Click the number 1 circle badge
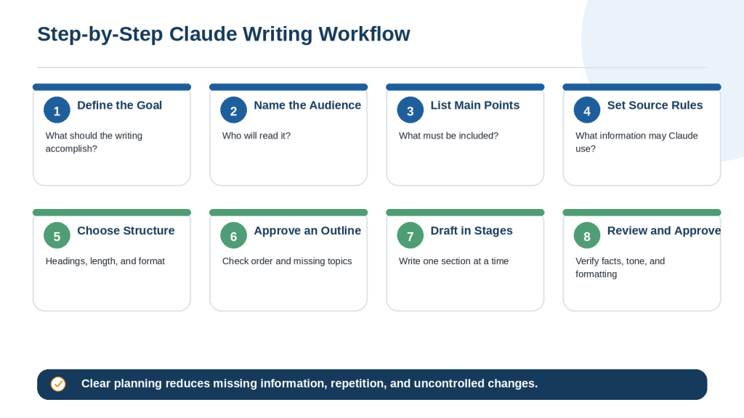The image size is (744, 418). pos(57,110)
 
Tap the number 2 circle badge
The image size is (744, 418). pos(233,110)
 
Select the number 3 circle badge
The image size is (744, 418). pos(411,110)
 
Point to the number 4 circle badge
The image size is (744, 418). pos(587,110)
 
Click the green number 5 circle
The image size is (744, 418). pos(57,236)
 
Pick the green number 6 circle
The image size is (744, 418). pos(233,236)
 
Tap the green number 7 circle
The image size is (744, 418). pos(411,236)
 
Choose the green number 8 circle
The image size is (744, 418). pos(587,236)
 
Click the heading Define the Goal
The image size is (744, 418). pos(120,105)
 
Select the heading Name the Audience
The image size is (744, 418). pos(307,105)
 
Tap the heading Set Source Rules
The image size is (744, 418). pos(655,105)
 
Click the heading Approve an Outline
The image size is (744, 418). pos(307,231)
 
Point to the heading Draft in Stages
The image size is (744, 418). pos(472,231)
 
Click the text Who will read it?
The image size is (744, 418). pos(256,136)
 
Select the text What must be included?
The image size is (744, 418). pos(449,136)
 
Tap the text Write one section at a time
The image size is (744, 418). pos(453,261)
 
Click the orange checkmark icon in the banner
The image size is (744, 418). pos(58,384)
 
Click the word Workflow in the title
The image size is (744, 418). pos(365,34)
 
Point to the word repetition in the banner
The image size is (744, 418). pos(358,383)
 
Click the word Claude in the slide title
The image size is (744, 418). pos(203,34)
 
